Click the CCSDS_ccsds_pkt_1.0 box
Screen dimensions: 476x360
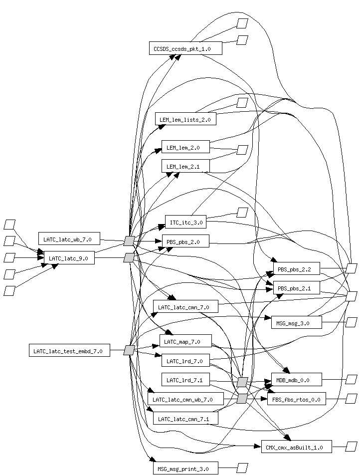185,48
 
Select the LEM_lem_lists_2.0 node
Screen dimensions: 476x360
185,119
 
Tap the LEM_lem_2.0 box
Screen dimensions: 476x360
185,147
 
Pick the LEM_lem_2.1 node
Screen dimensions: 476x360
185,166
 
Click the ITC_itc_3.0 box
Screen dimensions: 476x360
185,222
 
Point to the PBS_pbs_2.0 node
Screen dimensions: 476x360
185,241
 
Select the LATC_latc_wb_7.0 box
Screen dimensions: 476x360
69,238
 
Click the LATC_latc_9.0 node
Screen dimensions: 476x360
69,257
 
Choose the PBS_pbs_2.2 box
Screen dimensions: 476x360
296,269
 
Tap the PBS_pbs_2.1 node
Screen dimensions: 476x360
296,288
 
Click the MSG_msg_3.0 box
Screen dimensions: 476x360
296,322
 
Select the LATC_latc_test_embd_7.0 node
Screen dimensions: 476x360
69,351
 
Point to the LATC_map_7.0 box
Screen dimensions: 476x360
185,341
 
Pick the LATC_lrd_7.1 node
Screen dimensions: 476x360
185,380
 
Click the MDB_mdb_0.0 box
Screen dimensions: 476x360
296,380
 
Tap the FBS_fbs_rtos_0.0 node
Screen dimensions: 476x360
296,399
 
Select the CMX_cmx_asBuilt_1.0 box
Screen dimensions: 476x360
296,447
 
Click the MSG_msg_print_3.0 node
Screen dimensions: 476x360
185,468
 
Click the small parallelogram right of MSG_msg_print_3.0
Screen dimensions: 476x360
242,468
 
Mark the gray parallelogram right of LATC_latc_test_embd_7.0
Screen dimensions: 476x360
129,350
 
